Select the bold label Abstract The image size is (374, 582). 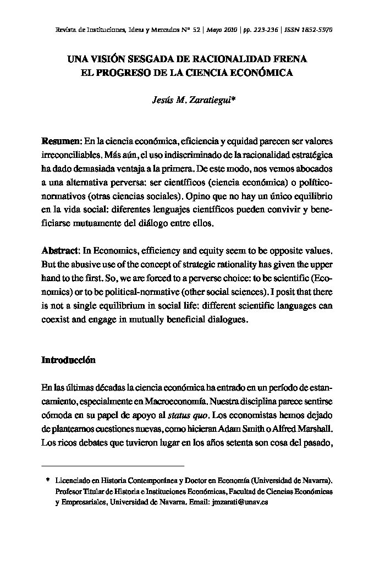point(61,250)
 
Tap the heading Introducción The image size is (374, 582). point(68,360)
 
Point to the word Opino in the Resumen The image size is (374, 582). point(199,196)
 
